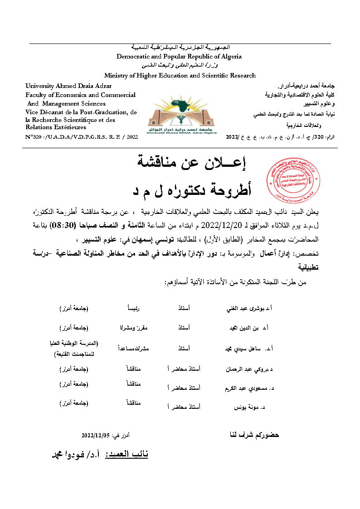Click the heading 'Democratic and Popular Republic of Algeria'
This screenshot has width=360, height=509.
tap(179, 57)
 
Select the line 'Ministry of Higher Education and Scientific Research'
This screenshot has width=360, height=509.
tap(180, 76)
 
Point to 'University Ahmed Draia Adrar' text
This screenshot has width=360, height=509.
tap(68, 86)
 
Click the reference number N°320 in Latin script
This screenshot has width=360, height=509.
tap(82, 136)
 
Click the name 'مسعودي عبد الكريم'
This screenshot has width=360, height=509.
tap(245, 389)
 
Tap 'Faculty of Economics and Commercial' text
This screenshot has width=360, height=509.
tap(81, 95)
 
